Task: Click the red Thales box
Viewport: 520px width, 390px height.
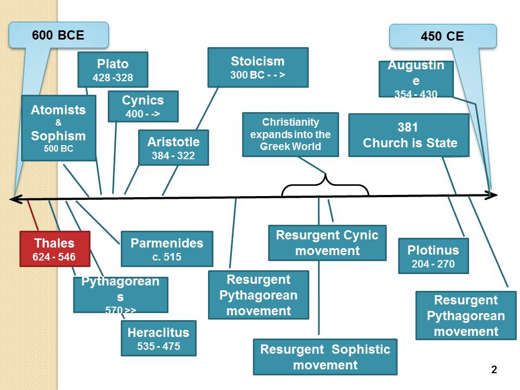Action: [x=55, y=249]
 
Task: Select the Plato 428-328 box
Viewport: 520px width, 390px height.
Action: [x=113, y=70]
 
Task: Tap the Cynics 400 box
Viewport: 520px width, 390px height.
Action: [x=143, y=106]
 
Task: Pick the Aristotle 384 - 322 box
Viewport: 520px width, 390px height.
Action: [x=173, y=148]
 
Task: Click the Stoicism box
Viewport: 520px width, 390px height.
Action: [x=257, y=67]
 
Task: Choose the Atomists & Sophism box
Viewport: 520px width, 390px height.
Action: [x=58, y=128]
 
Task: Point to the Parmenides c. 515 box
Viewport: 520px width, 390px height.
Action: [x=167, y=249]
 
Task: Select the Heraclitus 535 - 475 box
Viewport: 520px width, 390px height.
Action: [x=158, y=338]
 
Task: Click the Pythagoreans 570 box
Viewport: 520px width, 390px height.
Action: [x=120, y=295]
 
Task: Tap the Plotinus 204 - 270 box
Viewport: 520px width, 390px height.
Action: [x=433, y=256]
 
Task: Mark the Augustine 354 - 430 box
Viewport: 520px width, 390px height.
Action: [x=415, y=79]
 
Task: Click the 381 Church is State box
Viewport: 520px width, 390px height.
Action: [x=408, y=135]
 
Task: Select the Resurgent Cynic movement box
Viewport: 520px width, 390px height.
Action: [x=327, y=243]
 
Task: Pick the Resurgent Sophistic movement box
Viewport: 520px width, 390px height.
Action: [x=325, y=356]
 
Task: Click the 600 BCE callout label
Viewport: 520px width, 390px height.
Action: [x=58, y=35]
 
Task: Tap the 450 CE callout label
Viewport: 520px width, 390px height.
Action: [x=442, y=37]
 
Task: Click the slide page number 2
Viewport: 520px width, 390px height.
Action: [x=493, y=370]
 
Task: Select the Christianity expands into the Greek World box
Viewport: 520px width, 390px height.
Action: [x=290, y=134]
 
